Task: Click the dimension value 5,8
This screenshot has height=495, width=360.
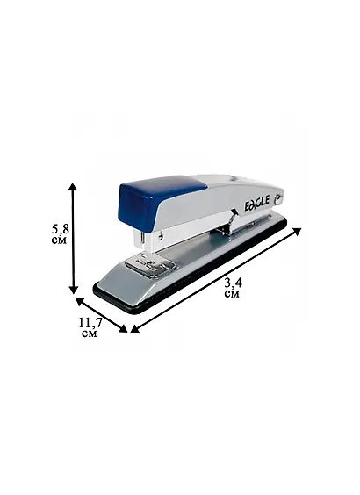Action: [61, 229]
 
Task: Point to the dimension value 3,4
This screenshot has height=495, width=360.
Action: [233, 283]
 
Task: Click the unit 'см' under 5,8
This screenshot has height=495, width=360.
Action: [59, 240]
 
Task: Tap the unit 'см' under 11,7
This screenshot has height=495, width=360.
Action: [89, 334]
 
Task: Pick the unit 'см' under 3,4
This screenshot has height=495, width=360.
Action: [232, 294]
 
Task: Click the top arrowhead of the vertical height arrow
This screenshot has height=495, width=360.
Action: [73, 187]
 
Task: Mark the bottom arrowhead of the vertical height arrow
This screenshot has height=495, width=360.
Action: [74, 289]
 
